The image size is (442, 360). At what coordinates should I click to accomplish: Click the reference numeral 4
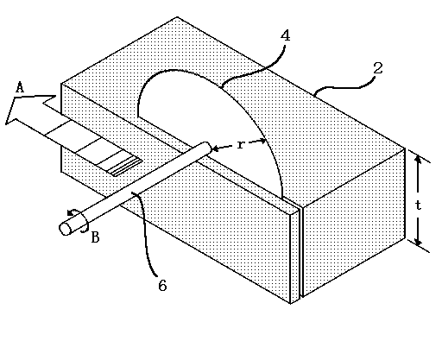point(285,36)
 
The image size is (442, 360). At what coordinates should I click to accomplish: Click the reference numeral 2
point(378,68)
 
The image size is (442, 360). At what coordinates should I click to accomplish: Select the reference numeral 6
point(162,285)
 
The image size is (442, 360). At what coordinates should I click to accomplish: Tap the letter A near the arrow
point(20,87)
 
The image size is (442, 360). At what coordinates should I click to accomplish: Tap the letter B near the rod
point(95,237)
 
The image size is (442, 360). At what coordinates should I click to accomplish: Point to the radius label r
point(240,144)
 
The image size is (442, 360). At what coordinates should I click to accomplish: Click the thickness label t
point(419,205)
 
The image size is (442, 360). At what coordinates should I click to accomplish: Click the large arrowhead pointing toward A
point(28,110)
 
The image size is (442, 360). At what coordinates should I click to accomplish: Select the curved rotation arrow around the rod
point(79,220)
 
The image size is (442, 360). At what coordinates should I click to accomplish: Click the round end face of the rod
point(66,229)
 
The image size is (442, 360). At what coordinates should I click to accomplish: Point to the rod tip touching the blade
point(207,147)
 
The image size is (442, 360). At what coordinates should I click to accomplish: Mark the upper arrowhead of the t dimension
point(419,159)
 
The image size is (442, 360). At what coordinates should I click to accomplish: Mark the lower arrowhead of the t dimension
point(419,243)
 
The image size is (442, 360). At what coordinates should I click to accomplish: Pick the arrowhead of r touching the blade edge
point(262,141)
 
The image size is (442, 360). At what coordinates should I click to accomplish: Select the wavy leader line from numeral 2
point(345,86)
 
